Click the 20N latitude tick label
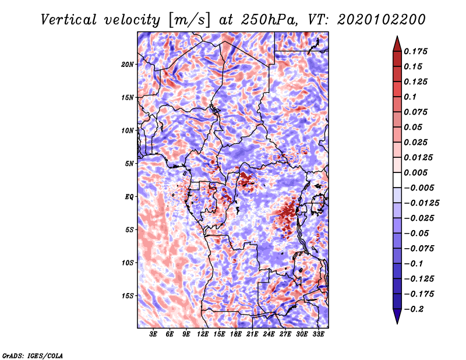click(128, 65)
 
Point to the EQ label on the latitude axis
click(129, 197)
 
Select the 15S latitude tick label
click(128, 296)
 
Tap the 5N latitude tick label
click(129, 164)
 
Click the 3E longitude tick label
click(153, 334)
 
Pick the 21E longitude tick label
click(252, 334)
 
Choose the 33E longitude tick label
click(318, 334)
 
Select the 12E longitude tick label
click(202, 334)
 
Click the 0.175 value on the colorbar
click(415, 51)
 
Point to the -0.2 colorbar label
click(414, 309)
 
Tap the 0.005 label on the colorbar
click(415, 172)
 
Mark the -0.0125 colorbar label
click(421, 203)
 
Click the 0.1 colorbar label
click(410, 97)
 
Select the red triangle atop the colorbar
click(397, 44)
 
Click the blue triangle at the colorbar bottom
click(397, 316)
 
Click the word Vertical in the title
click(69, 20)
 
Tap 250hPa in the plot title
click(269, 20)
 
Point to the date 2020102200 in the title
click(382, 20)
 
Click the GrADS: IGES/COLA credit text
click(33, 355)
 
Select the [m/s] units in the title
click(189, 20)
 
